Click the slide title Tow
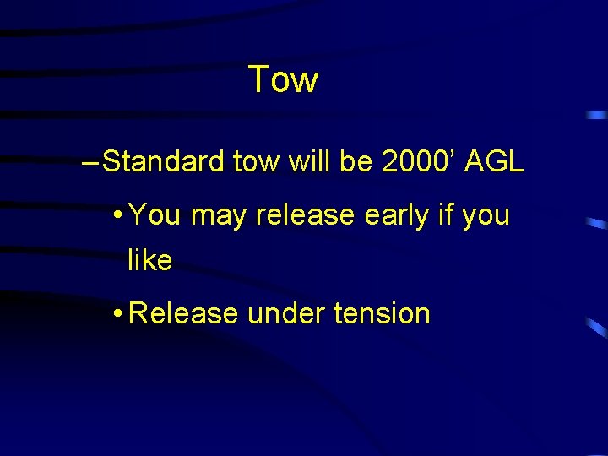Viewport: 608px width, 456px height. click(x=284, y=80)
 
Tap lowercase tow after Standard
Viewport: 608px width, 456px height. click(x=257, y=161)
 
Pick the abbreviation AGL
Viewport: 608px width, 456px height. click(x=491, y=161)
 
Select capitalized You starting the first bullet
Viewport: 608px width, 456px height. click(x=156, y=215)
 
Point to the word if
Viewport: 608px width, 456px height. click(x=445, y=215)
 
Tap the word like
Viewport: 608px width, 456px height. click(x=149, y=261)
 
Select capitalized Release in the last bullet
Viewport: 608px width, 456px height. click(x=184, y=313)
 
